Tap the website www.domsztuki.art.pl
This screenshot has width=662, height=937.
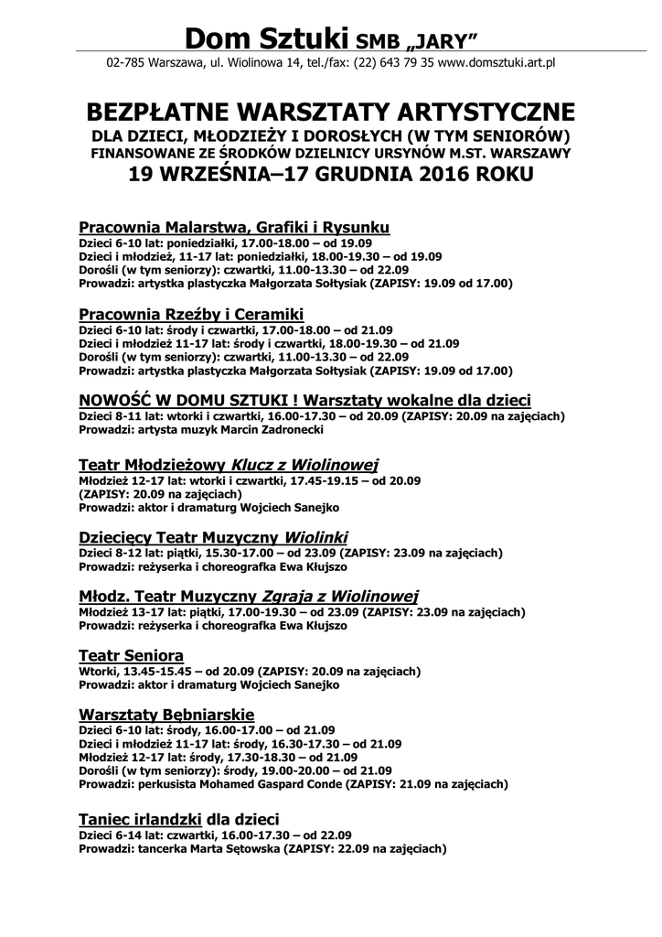click(497, 63)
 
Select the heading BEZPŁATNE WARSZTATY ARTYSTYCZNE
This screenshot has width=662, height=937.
click(330, 113)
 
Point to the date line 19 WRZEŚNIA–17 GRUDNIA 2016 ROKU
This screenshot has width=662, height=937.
click(330, 175)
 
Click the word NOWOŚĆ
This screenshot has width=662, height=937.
click(119, 401)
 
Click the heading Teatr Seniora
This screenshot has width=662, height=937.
click(132, 655)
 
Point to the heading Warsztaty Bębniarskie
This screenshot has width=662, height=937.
click(166, 714)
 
